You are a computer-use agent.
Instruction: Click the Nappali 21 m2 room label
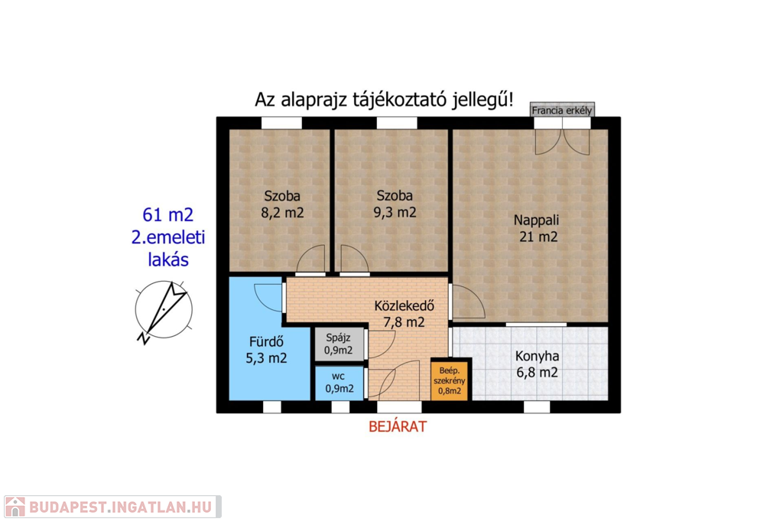tap(537, 228)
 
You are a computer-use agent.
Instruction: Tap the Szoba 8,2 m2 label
tap(282, 204)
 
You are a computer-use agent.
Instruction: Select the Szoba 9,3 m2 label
tap(395, 204)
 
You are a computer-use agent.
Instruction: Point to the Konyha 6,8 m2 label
tap(537, 364)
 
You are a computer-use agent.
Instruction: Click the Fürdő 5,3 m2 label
tap(266, 350)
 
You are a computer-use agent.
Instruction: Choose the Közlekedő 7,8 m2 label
tap(404, 314)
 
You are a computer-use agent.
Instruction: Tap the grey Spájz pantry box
tap(339, 344)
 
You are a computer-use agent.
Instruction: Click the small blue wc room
tap(339, 383)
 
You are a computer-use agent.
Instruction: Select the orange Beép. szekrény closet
tap(450, 380)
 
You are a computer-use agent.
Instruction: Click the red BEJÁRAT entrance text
tap(398, 426)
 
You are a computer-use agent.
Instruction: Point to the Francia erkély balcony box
tap(562, 110)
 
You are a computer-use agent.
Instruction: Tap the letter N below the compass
tap(143, 338)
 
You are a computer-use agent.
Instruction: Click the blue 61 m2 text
tap(167, 214)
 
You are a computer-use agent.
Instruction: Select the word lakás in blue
tap(168, 259)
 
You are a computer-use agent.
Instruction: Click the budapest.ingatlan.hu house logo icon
tap(15, 507)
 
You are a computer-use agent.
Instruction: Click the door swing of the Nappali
tap(468, 301)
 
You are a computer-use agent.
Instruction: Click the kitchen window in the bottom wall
tap(537, 406)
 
